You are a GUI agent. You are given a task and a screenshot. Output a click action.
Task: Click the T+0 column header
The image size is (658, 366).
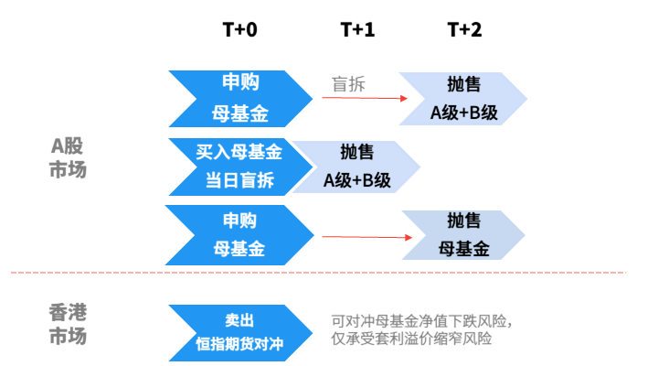(240, 29)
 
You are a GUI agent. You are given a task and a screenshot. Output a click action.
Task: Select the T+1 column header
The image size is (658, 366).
(357, 29)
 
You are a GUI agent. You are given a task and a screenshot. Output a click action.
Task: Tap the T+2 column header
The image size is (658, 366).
(464, 29)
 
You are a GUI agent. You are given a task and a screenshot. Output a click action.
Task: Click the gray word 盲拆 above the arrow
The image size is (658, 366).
(348, 83)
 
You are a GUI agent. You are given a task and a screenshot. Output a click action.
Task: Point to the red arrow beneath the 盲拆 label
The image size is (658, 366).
(363, 97)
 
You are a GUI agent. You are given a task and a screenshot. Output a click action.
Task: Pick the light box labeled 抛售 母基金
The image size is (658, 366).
(463, 235)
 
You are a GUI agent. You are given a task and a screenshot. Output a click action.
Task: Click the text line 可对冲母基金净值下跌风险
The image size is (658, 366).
(421, 321)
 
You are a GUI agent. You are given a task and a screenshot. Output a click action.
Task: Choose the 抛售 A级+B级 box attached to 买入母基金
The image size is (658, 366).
(356, 166)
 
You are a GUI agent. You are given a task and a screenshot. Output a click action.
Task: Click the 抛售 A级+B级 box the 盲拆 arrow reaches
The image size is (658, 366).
(463, 99)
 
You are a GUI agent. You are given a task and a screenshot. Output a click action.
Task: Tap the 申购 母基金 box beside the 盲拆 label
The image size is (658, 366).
(239, 99)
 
